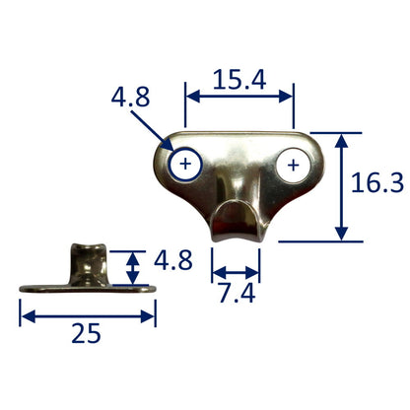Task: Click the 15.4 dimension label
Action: [x=239, y=80]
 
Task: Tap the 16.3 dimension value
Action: [x=377, y=182]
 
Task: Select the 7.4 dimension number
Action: [x=238, y=294]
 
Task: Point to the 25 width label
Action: [x=86, y=333]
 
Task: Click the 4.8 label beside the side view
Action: [x=173, y=260]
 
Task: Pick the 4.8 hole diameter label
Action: [x=130, y=97]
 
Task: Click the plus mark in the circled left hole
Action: [x=185, y=164]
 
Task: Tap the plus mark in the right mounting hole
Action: [x=293, y=166]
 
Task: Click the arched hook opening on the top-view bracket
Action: [x=235, y=210]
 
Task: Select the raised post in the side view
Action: [x=89, y=263]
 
